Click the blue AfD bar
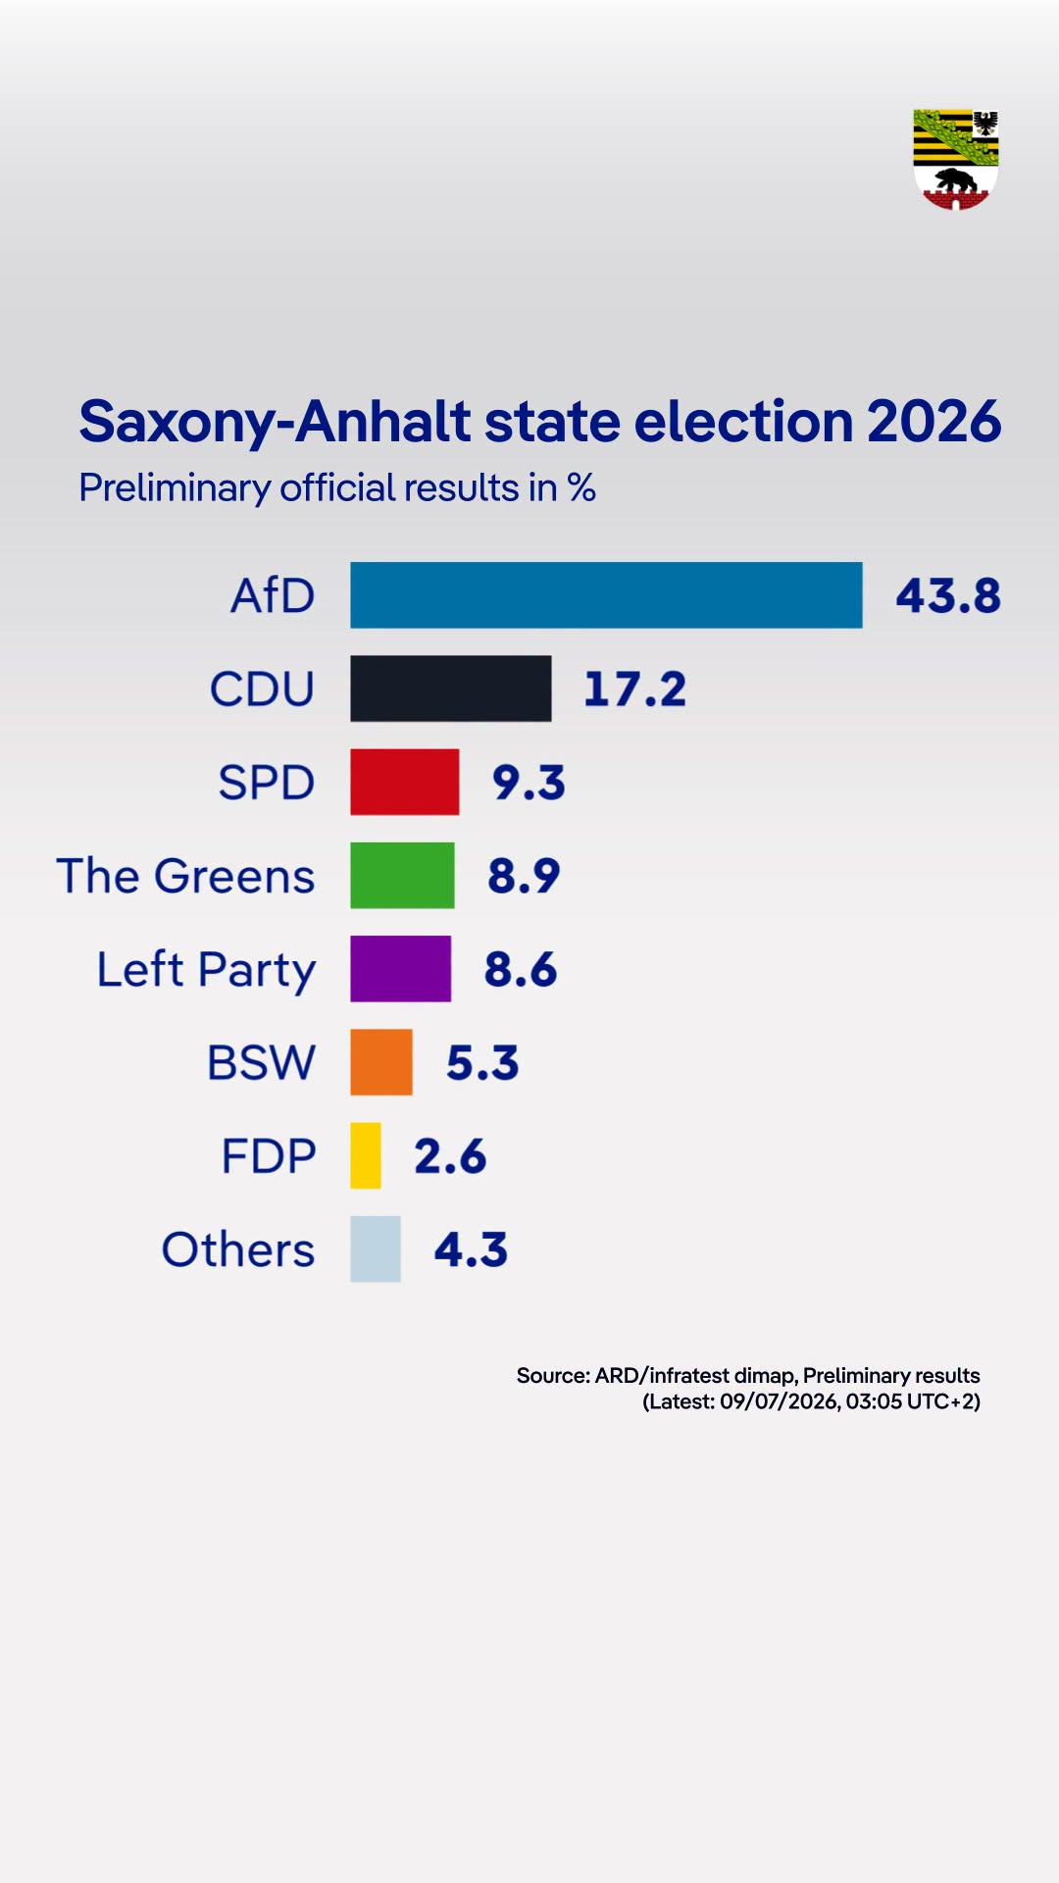click(606, 595)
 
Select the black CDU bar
click(451, 688)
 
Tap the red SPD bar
click(405, 782)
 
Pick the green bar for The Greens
click(403, 875)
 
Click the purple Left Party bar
click(401, 969)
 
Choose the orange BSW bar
click(381, 1062)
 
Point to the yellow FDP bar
click(366, 1155)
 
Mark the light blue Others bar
click(376, 1248)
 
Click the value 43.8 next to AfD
click(948, 595)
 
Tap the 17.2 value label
click(634, 688)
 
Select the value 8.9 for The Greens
click(524, 875)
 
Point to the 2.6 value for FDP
click(450, 1155)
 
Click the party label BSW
click(261, 1062)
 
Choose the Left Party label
click(206, 970)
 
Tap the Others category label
click(238, 1249)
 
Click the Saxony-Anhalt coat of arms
click(956, 160)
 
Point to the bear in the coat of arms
click(955, 181)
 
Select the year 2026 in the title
click(933, 422)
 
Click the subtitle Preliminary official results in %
click(337, 487)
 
